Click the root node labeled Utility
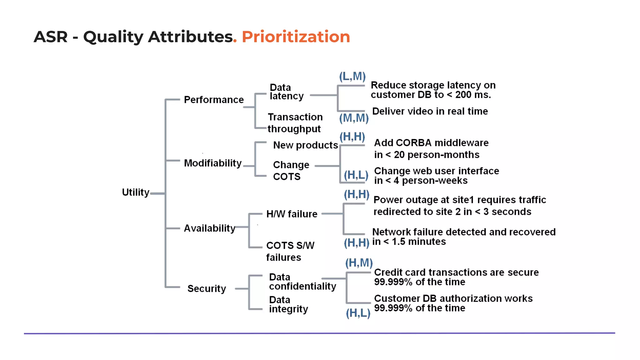pyautogui.click(x=136, y=192)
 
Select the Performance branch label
pyautogui.click(x=214, y=100)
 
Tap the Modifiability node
pyautogui.click(x=212, y=163)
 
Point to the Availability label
pyautogui.click(x=209, y=228)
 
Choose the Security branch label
pyautogui.click(x=207, y=288)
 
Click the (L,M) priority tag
pyautogui.click(x=352, y=76)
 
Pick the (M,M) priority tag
pyautogui.click(x=354, y=118)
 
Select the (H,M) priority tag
pyautogui.click(x=359, y=263)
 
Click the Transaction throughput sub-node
pyautogui.click(x=295, y=123)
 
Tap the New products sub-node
pyautogui.click(x=305, y=145)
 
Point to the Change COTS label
pyautogui.click(x=291, y=171)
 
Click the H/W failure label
pyautogui.click(x=292, y=214)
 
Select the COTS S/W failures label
pyautogui.click(x=290, y=251)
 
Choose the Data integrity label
pyautogui.click(x=288, y=304)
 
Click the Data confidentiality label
pyautogui.click(x=302, y=282)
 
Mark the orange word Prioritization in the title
pyautogui.click(x=296, y=37)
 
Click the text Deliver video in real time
pyautogui.click(x=430, y=111)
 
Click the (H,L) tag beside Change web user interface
pyautogui.click(x=356, y=175)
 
